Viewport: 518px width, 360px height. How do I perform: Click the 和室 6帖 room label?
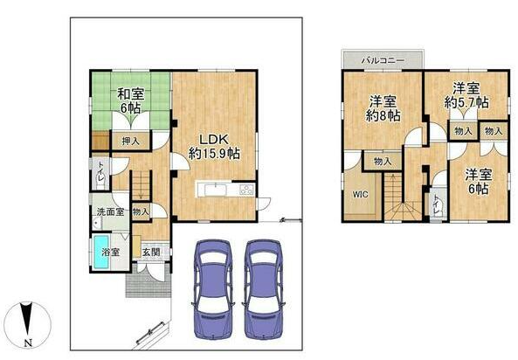(131, 101)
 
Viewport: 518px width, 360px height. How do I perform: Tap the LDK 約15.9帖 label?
(214, 147)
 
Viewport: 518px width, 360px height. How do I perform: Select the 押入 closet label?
(131, 142)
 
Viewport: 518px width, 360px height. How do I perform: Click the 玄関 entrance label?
(151, 252)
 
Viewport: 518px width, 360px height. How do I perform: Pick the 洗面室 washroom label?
(110, 211)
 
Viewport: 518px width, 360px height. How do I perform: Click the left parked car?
(213, 289)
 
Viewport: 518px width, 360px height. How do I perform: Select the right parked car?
(264, 289)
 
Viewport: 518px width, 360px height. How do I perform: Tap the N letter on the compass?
(29, 343)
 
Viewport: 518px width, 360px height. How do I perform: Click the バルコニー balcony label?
(383, 60)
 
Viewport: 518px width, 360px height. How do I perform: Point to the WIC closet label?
(360, 194)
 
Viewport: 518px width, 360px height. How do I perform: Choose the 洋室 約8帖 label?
(383, 108)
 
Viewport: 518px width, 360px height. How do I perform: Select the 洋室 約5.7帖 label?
(466, 95)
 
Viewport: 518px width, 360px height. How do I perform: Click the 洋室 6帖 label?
(479, 182)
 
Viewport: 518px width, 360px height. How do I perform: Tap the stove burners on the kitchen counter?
(246, 190)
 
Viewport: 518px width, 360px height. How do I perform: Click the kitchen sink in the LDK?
(216, 190)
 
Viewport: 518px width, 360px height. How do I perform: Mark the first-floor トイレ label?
(100, 171)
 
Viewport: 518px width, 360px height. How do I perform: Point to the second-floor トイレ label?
(437, 203)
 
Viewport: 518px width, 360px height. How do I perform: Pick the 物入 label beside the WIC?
(383, 162)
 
